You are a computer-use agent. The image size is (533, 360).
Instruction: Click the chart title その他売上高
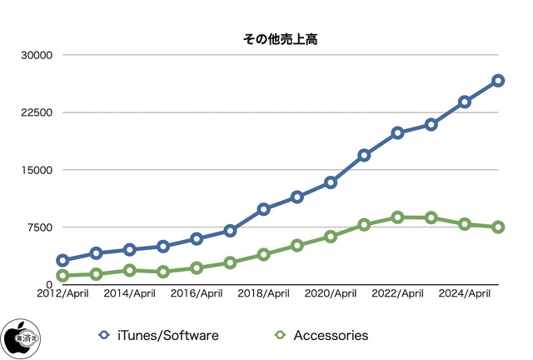point(266,38)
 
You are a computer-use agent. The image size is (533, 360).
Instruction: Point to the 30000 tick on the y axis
point(35,55)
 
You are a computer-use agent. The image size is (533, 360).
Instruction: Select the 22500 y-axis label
point(35,112)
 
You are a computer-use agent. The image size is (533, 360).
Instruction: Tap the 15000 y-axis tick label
point(35,170)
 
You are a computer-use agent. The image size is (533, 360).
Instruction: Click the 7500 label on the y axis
point(38,227)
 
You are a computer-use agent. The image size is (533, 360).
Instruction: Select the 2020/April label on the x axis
point(331,293)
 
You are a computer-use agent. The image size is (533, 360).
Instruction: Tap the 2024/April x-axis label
point(464,293)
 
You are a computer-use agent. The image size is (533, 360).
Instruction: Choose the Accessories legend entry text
point(331,335)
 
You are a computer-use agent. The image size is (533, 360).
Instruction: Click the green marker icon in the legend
point(280,335)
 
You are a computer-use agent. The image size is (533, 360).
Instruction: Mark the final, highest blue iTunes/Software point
point(497,81)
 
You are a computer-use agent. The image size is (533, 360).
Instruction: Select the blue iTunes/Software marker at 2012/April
point(62,260)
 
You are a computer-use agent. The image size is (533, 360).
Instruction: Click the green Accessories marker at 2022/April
point(397,217)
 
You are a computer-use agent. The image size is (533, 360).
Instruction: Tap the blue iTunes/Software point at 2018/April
point(263,209)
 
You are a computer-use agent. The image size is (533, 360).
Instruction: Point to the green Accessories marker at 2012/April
point(62,276)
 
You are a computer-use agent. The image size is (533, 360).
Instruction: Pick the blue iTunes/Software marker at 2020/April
point(331,182)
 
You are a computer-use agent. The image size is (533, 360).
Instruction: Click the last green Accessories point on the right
point(497,227)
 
